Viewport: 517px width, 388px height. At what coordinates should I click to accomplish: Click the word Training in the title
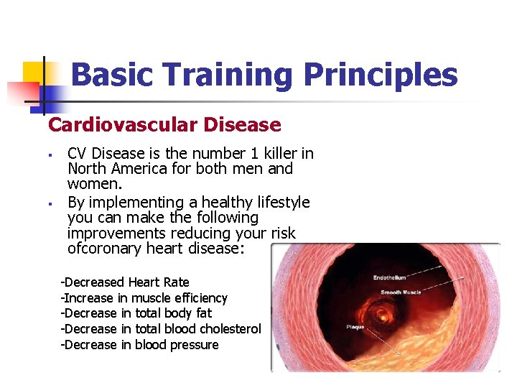(228, 75)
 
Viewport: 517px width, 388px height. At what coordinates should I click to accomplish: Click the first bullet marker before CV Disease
(52, 154)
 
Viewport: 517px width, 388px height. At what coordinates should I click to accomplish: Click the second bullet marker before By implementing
(52, 203)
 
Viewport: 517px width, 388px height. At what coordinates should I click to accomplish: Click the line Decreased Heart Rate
(125, 282)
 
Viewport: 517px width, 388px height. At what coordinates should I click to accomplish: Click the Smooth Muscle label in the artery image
(401, 293)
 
